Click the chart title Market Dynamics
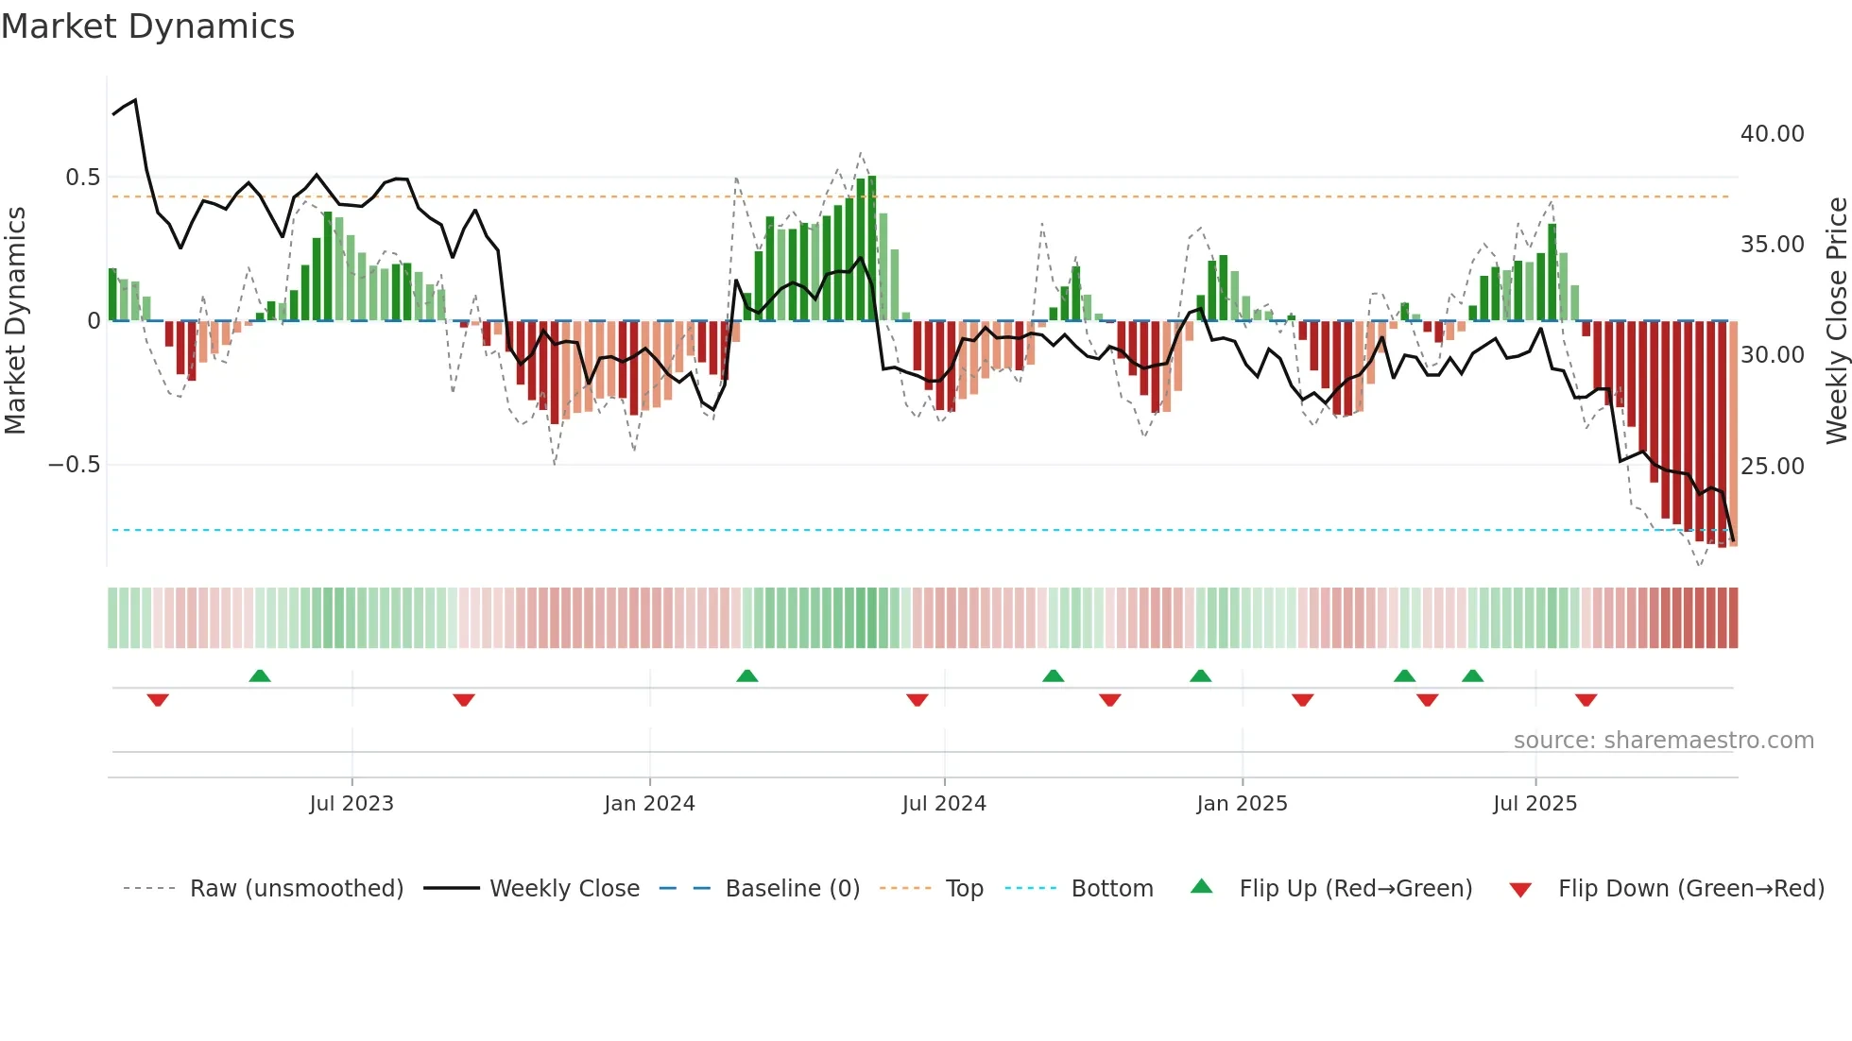[x=147, y=26]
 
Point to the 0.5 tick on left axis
[x=82, y=178]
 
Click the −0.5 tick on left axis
[x=74, y=465]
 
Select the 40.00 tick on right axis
[x=1772, y=134]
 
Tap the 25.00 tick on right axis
[x=1772, y=467]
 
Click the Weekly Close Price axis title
[x=1836, y=321]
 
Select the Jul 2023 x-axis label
[x=352, y=804]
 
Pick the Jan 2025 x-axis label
[x=1242, y=804]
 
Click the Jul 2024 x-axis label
[x=944, y=804]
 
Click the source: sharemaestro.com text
[x=1663, y=741]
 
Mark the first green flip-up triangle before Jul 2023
[x=260, y=675]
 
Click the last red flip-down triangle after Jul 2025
[x=1586, y=700]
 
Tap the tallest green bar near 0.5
[x=871, y=247]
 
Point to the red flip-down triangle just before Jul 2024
[x=917, y=700]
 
